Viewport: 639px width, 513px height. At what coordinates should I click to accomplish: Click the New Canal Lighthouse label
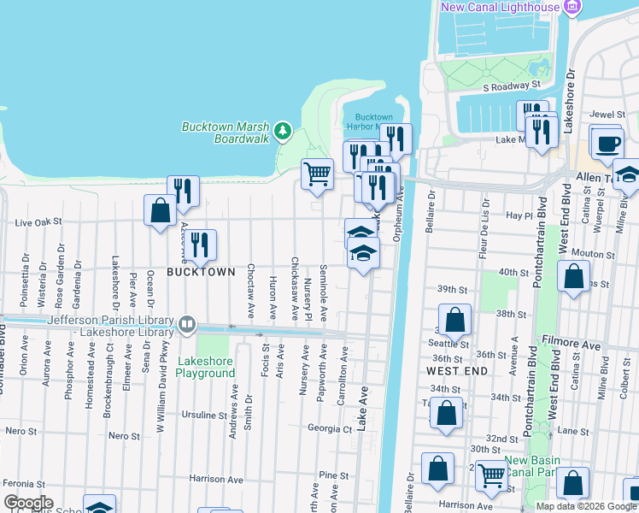click(x=500, y=8)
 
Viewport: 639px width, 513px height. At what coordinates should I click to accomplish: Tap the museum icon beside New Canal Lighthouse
click(x=572, y=8)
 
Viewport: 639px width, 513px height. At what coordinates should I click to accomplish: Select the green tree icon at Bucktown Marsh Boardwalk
click(x=284, y=132)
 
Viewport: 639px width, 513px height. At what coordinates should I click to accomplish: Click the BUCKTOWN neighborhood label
click(x=201, y=272)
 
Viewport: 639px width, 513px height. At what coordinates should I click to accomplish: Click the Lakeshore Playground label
click(x=204, y=367)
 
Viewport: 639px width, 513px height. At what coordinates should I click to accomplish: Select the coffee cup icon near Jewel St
click(x=607, y=144)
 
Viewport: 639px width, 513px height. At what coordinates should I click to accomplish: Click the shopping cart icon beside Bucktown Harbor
click(x=317, y=174)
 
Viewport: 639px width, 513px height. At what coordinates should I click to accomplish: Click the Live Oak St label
click(x=39, y=222)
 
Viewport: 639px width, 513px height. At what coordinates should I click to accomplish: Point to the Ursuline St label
click(x=204, y=416)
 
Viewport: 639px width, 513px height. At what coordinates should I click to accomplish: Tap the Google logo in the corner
click(x=28, y=503)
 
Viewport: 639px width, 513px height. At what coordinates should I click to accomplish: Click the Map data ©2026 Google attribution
click(x=585, y=506)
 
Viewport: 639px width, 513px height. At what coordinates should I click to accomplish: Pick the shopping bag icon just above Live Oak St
click(x=160, y=209)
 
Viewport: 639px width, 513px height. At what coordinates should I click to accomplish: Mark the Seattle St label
click(x=452, y=344)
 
